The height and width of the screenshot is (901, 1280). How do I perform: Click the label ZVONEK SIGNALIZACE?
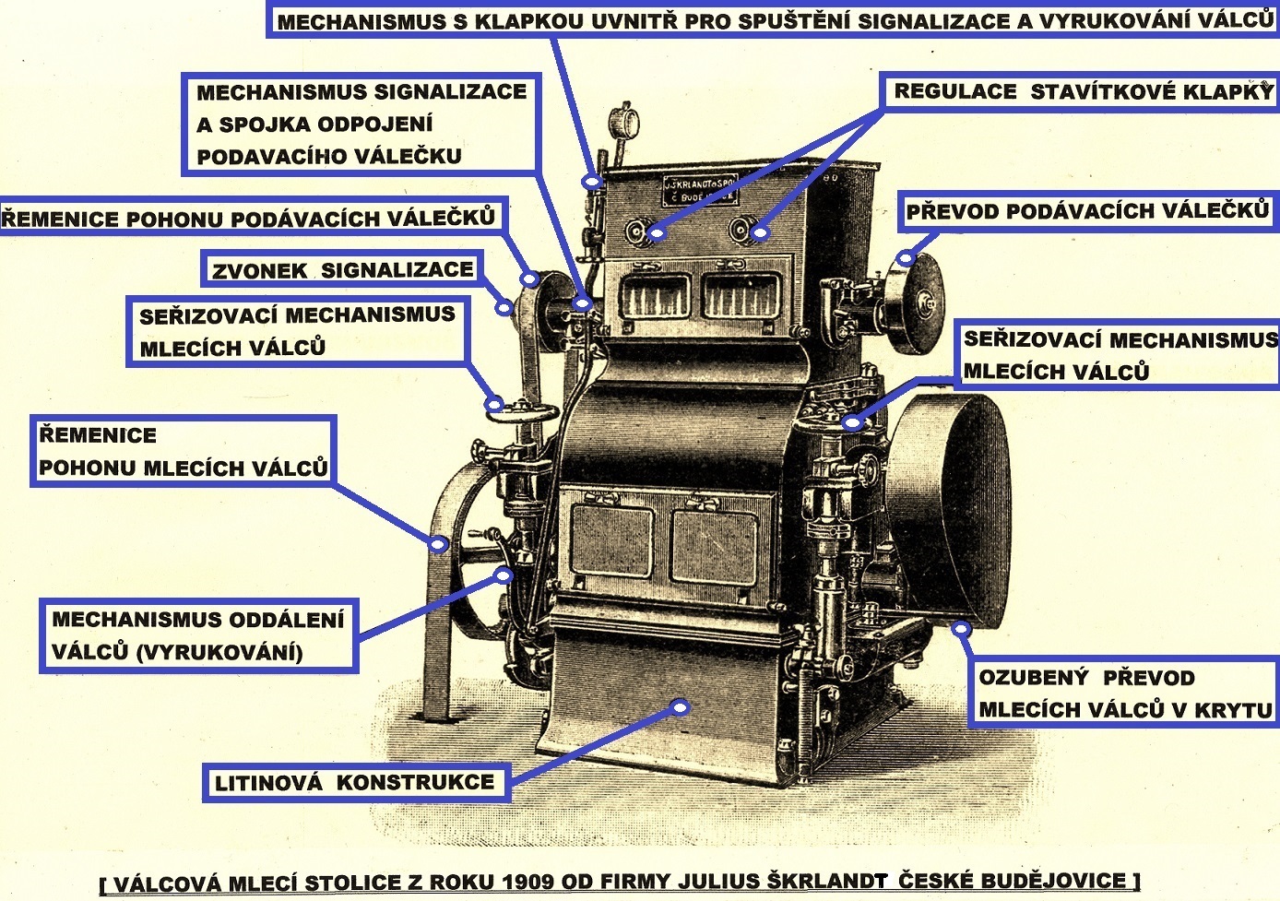(x=341, y=270)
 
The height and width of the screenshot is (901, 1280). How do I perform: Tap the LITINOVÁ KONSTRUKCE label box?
(x=355, y=783)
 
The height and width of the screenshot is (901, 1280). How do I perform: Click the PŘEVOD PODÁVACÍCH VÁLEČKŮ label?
(x=1087, y=211)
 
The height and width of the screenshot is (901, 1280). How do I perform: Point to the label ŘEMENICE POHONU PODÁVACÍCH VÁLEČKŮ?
(x=249, y=219)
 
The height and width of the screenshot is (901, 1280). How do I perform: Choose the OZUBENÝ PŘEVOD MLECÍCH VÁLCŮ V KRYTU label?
(x=1124, y=694)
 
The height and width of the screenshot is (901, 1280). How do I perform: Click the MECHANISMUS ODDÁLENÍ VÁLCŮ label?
(x=197, y=635)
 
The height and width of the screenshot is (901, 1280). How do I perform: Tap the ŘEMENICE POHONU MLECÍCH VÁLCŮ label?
(x=183, y=451)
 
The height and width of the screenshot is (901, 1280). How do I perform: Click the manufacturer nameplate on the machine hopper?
(x=700, y=190)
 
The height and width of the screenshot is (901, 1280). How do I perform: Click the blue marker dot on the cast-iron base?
(x=681, y=707)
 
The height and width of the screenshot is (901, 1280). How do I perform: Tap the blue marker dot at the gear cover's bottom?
(x=961, y=629)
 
